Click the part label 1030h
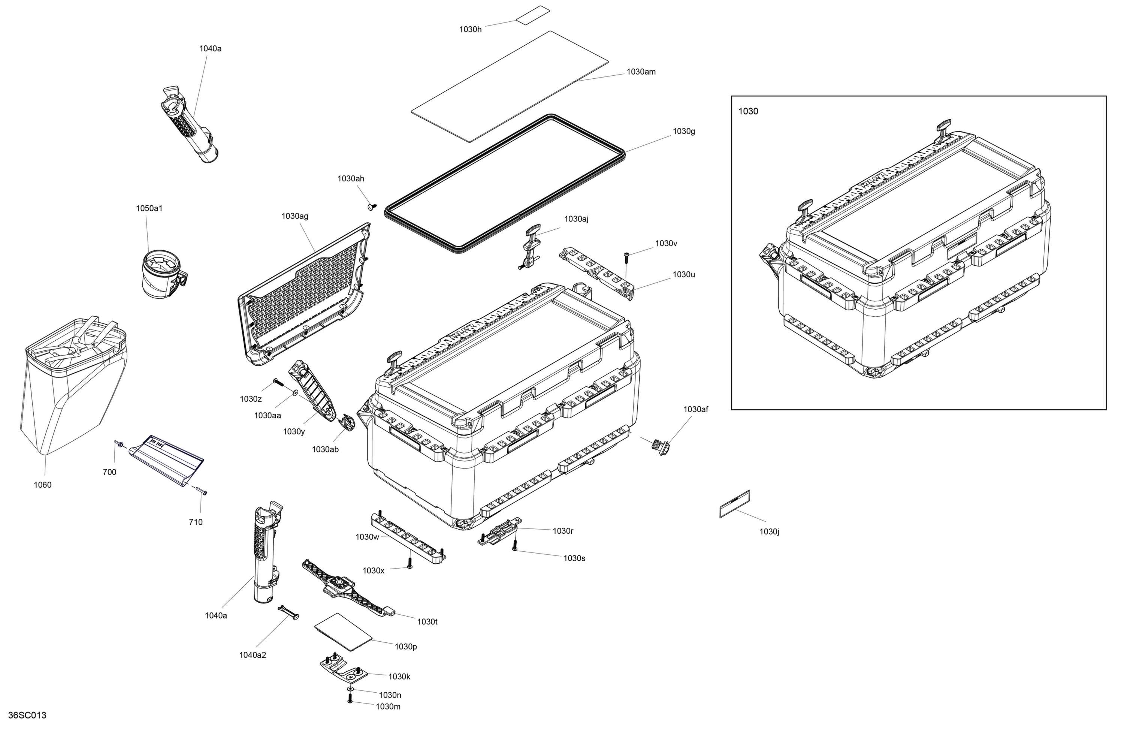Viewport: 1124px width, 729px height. pos(470,29)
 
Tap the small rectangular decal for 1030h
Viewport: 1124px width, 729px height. pos(533,15)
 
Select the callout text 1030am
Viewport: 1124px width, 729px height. pos(641,72)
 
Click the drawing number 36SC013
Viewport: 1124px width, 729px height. pos(27,715)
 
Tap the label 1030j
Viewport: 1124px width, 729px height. pos(769,531)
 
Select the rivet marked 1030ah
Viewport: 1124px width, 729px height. pos(372,207)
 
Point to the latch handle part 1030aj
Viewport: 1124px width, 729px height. pos(531,245)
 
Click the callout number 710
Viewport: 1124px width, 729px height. pos(196,522)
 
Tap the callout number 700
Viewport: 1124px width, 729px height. pos(109,472)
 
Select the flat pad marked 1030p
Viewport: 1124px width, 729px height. pos(343,632)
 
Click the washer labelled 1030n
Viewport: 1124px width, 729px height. pos(350,689)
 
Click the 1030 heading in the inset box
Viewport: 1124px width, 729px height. pos(748,111)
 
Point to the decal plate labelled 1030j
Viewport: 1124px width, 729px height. pos(735,504)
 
